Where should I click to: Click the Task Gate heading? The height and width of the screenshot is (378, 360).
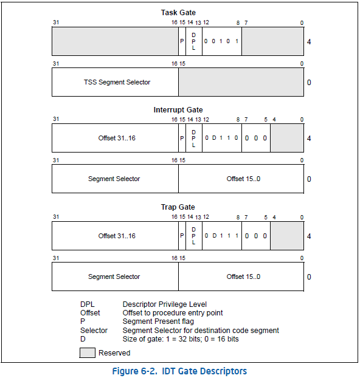[x=178, y=13]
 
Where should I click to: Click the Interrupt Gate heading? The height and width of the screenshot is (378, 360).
[x=178, y=109]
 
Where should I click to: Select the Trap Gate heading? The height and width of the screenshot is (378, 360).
[x=178, y=207]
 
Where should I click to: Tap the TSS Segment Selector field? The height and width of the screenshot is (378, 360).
[x=116, y=82]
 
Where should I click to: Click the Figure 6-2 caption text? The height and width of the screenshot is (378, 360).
[x=179, y=371]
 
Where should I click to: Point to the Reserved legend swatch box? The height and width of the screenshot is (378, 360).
[x=88, y=352]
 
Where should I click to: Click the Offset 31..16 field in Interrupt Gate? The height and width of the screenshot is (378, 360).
[x=116, y=138]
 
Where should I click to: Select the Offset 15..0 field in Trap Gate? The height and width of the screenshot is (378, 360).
[x=241, y=277]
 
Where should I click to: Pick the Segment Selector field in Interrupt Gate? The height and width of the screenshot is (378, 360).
[x=116, y=179]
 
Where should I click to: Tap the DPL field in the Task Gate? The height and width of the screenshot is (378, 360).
[x=194, y=41]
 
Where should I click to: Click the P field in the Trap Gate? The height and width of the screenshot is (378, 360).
[x=182, y=236]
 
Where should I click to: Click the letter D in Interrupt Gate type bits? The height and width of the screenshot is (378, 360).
[x=214, y=138]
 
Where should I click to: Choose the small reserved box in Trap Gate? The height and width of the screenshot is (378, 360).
[x=287, y=236]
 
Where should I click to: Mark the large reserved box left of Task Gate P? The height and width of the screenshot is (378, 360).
[x=116, y=41]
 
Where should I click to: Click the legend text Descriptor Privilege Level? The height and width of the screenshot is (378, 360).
[x=165, y=304]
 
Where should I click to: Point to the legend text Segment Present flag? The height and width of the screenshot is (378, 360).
[x=158, y=321]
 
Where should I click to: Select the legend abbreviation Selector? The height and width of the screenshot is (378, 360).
[x=94, y=330]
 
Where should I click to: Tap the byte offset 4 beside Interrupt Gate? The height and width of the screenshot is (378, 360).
[x=309, y=139]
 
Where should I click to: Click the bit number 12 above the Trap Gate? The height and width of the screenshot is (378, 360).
[x=206, y=217]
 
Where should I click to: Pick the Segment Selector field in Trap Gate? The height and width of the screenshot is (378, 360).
[x=116, y=277]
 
